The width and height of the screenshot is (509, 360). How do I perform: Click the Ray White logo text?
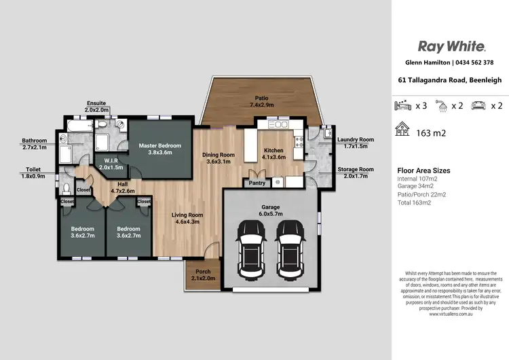pos(451,46)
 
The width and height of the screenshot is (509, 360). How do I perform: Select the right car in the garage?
pos(293,249)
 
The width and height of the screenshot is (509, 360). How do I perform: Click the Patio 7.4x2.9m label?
pos(261,102)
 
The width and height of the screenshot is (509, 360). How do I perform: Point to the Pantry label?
pos(257,183)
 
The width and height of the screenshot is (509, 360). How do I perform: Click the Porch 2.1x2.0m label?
pos(203,275)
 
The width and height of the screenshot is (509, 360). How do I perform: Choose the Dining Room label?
pos(219,158)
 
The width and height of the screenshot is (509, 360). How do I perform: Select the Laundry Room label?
pos(356,143)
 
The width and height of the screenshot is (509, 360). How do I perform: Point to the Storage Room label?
pos(356,173)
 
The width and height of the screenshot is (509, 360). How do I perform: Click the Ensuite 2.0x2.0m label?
pos(96,106)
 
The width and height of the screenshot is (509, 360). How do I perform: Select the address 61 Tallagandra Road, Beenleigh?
pos(451,80)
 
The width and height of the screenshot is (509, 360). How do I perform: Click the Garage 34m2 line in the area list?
pos(416,186)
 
